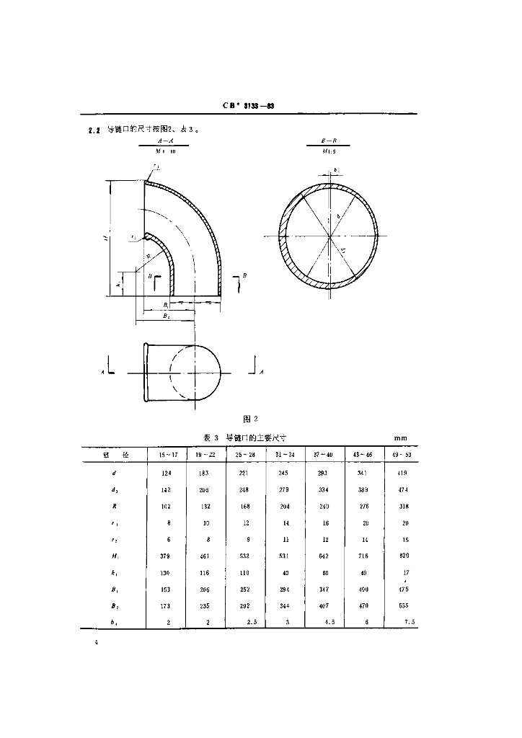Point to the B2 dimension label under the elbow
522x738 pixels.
coord(166,316)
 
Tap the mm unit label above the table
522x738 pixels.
coord(401,437)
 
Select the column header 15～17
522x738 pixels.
coord(167,455)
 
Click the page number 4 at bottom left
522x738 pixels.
coord(95,640)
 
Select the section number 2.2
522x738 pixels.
coord(93,130)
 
